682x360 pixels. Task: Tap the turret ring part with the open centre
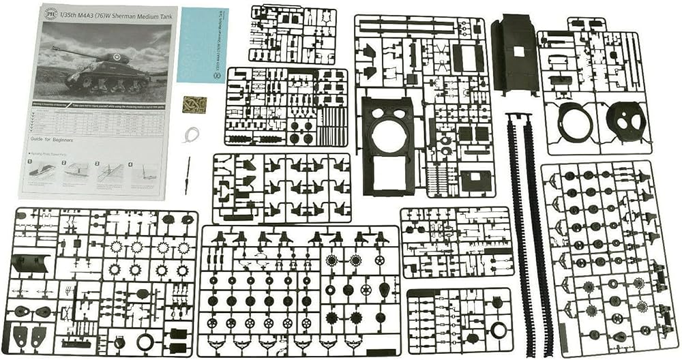(574, 123)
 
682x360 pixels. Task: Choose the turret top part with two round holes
(625, 122)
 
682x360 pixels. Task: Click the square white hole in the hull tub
(519, 51)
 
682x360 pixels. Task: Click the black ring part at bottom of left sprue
(145, 341)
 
